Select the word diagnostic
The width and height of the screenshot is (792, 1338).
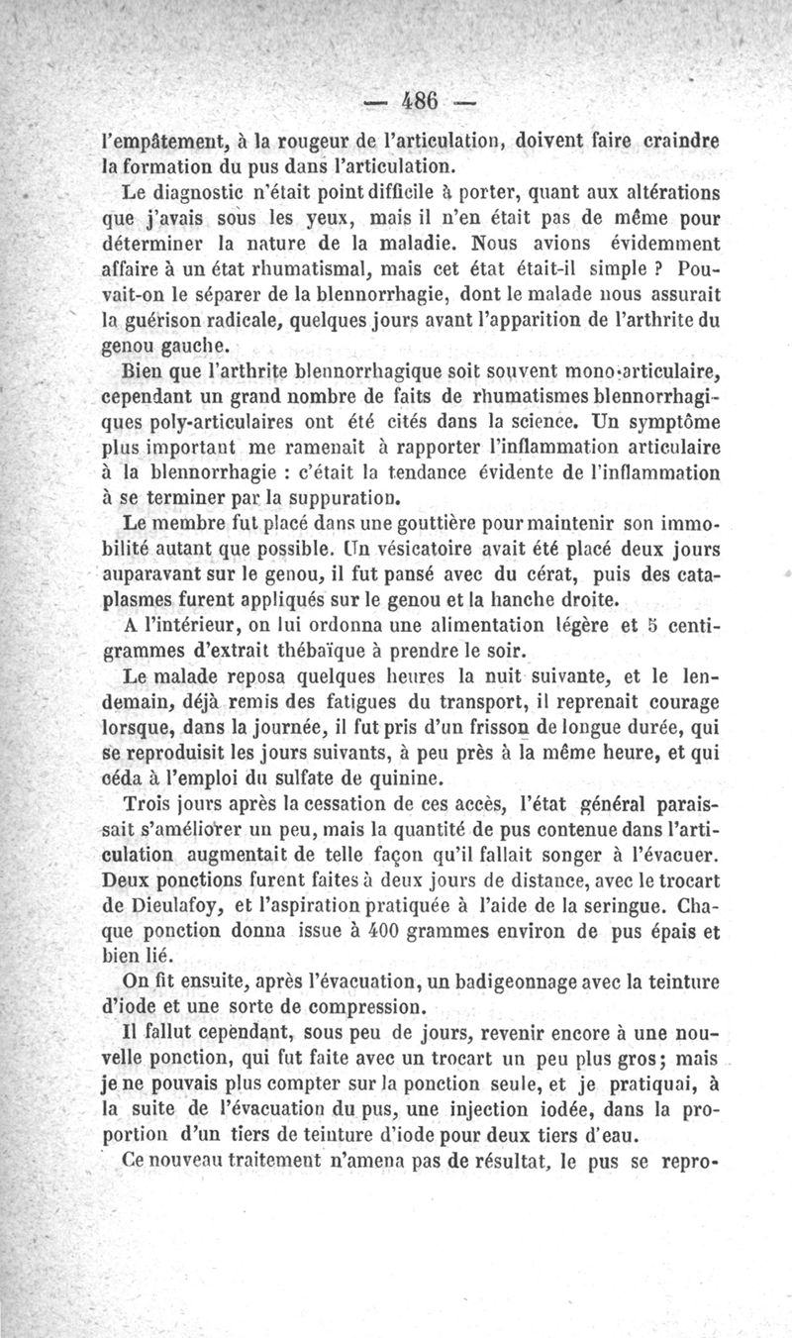pos(212,189)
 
